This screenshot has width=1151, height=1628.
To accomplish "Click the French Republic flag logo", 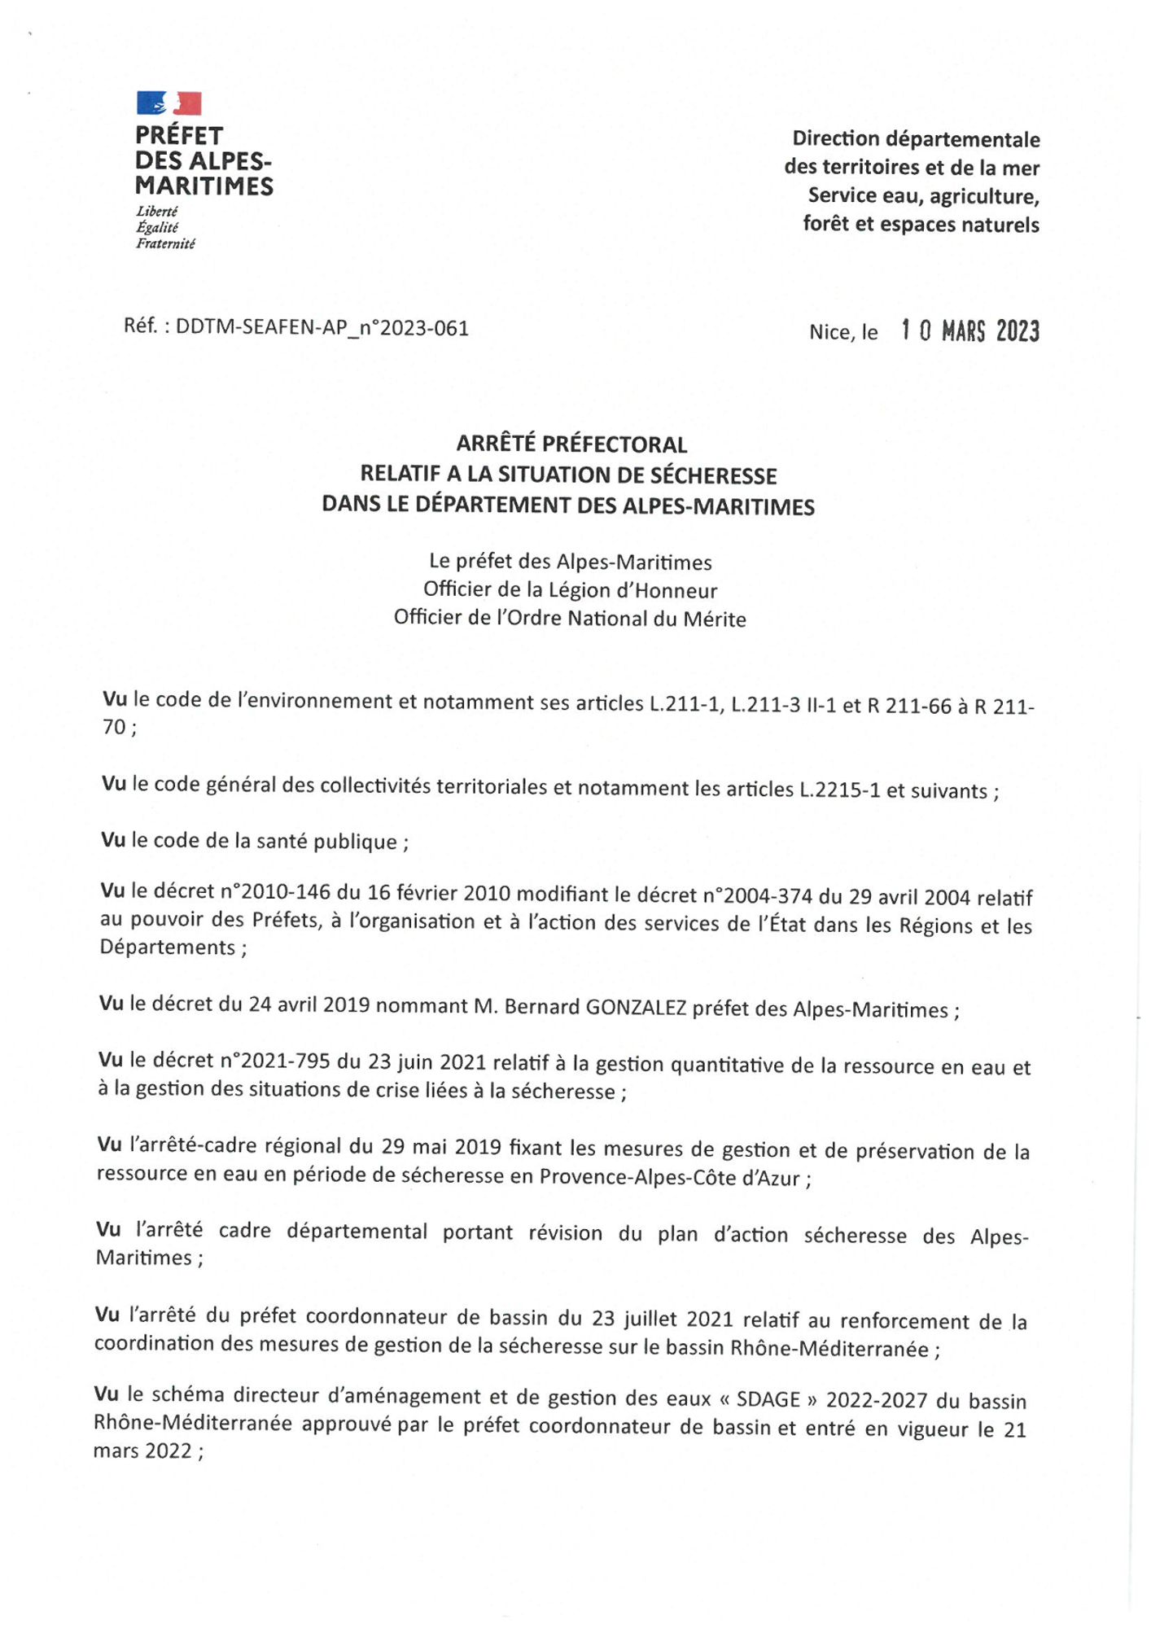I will pyautogui.click(x=168, y=103).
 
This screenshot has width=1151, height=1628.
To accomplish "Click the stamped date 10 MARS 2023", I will pyautogui.click(x=969, y=331).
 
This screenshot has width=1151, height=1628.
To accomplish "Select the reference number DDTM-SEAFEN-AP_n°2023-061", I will pyautogui.click(x=322, y=328).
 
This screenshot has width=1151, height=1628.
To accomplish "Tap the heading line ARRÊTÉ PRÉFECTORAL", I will pyautogui.click(x=571, y=444).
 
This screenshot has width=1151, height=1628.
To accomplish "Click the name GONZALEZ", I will pyautogui.click(x=636, y=1008).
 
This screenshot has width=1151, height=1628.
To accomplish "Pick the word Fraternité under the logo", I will pyautogui.click(x=165, y=243).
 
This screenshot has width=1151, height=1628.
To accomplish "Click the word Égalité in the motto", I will pyautogui.click(x=157, y=228).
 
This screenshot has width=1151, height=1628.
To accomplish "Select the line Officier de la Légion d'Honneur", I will pyautogui.click(x=570, y=590).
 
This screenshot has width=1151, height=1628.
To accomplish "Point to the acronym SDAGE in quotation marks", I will pyautogui.click(x=768, y=1399).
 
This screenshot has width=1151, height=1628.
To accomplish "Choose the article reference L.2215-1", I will pyautogui.click(x=839, y=790).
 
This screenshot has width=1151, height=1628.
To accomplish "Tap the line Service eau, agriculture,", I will pyautogui.click(x=923, y=196).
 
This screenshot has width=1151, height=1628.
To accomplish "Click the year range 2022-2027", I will pyautogui.click(x=877, y=1400).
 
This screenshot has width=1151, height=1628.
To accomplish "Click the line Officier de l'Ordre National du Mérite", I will pyautogui.click(x=570, y=619).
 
